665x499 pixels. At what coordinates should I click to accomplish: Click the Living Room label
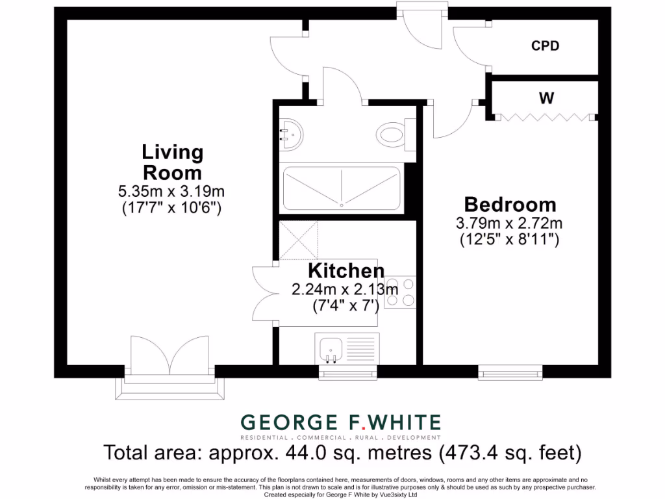pos(172,162)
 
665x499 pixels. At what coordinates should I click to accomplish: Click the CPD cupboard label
pos(545,46)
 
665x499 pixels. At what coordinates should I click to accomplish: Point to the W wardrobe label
pos(546,99)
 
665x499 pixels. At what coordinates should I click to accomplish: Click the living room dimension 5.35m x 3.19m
pos(171,192)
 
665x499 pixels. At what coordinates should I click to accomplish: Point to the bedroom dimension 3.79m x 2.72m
pos(509,224)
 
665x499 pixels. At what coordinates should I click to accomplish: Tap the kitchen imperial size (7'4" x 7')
pos(344,304)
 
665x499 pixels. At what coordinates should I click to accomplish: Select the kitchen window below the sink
pos(347,373)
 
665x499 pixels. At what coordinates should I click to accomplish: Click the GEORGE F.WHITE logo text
pos(340,422)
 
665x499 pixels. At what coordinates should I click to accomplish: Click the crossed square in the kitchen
pos(299,241)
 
